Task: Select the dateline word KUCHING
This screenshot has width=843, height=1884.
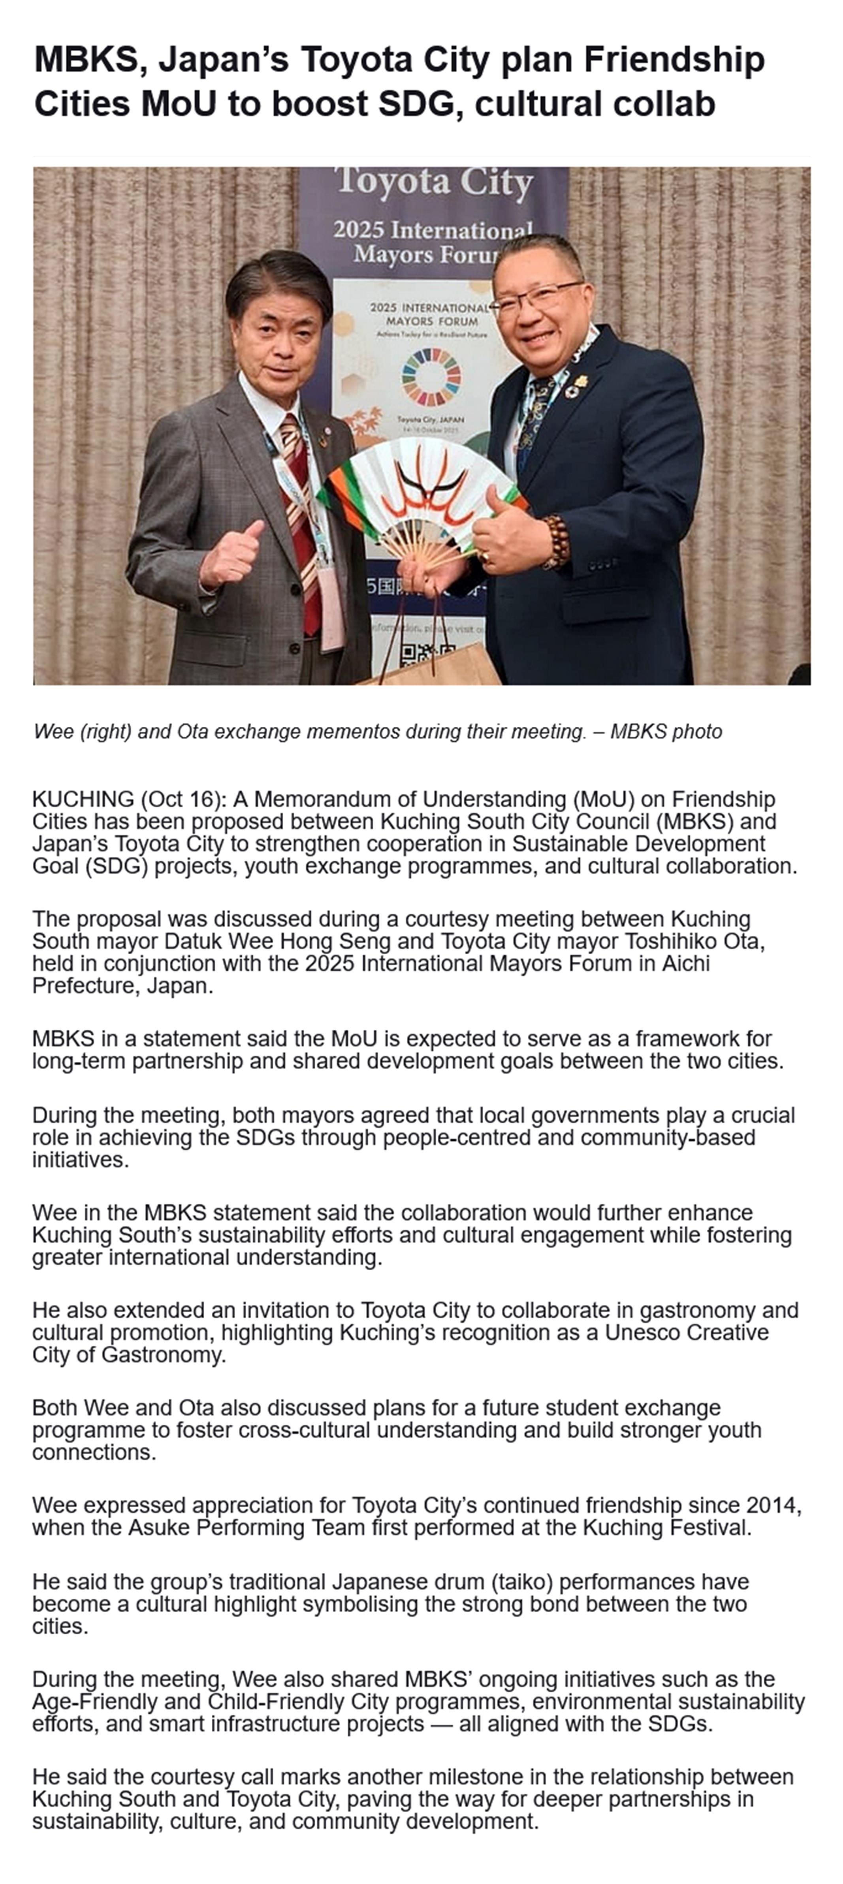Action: click(x=83, y=799)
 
